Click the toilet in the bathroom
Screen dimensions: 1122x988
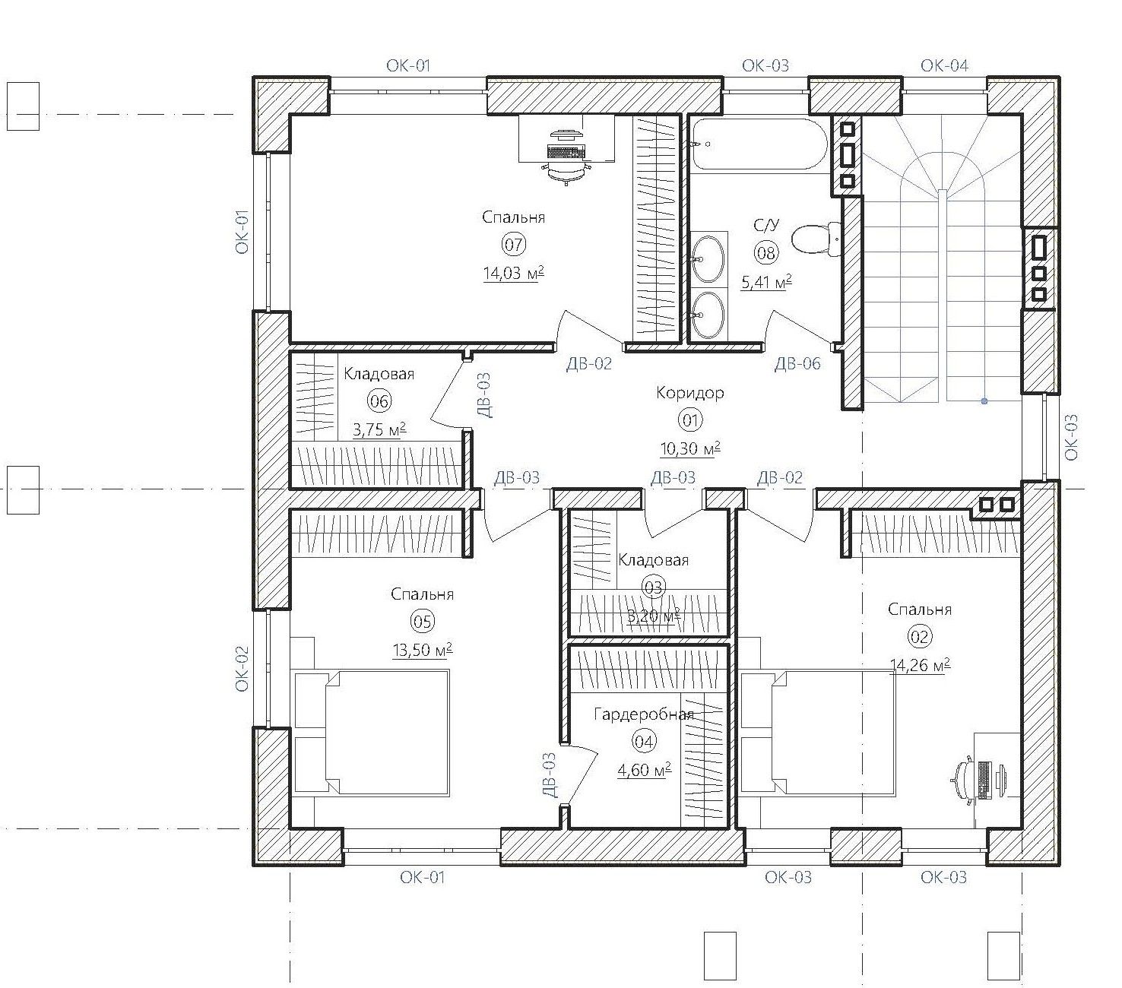tap(815, 239)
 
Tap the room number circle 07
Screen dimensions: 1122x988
tap(513, 244)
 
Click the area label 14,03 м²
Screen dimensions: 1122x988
tap(513, 273)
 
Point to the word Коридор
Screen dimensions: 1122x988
tap(689, 393)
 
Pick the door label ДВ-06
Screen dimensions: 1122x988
tap(797, 364)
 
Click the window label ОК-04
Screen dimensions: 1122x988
tap(944, 65)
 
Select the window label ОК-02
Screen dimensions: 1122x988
tap(242, 669)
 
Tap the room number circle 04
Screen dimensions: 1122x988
tap(644, 741)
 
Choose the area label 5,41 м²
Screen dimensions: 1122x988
tap(766, 282)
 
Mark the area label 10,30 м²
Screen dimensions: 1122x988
tap(690, 448)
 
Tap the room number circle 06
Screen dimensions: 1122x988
tap(379, 401)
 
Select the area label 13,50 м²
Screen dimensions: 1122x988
tap(423, 650)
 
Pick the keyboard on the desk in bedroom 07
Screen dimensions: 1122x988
tap(566, 150)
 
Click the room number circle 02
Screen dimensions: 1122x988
tap(919, 637)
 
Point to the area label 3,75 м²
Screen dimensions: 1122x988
tap(379, 429)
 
